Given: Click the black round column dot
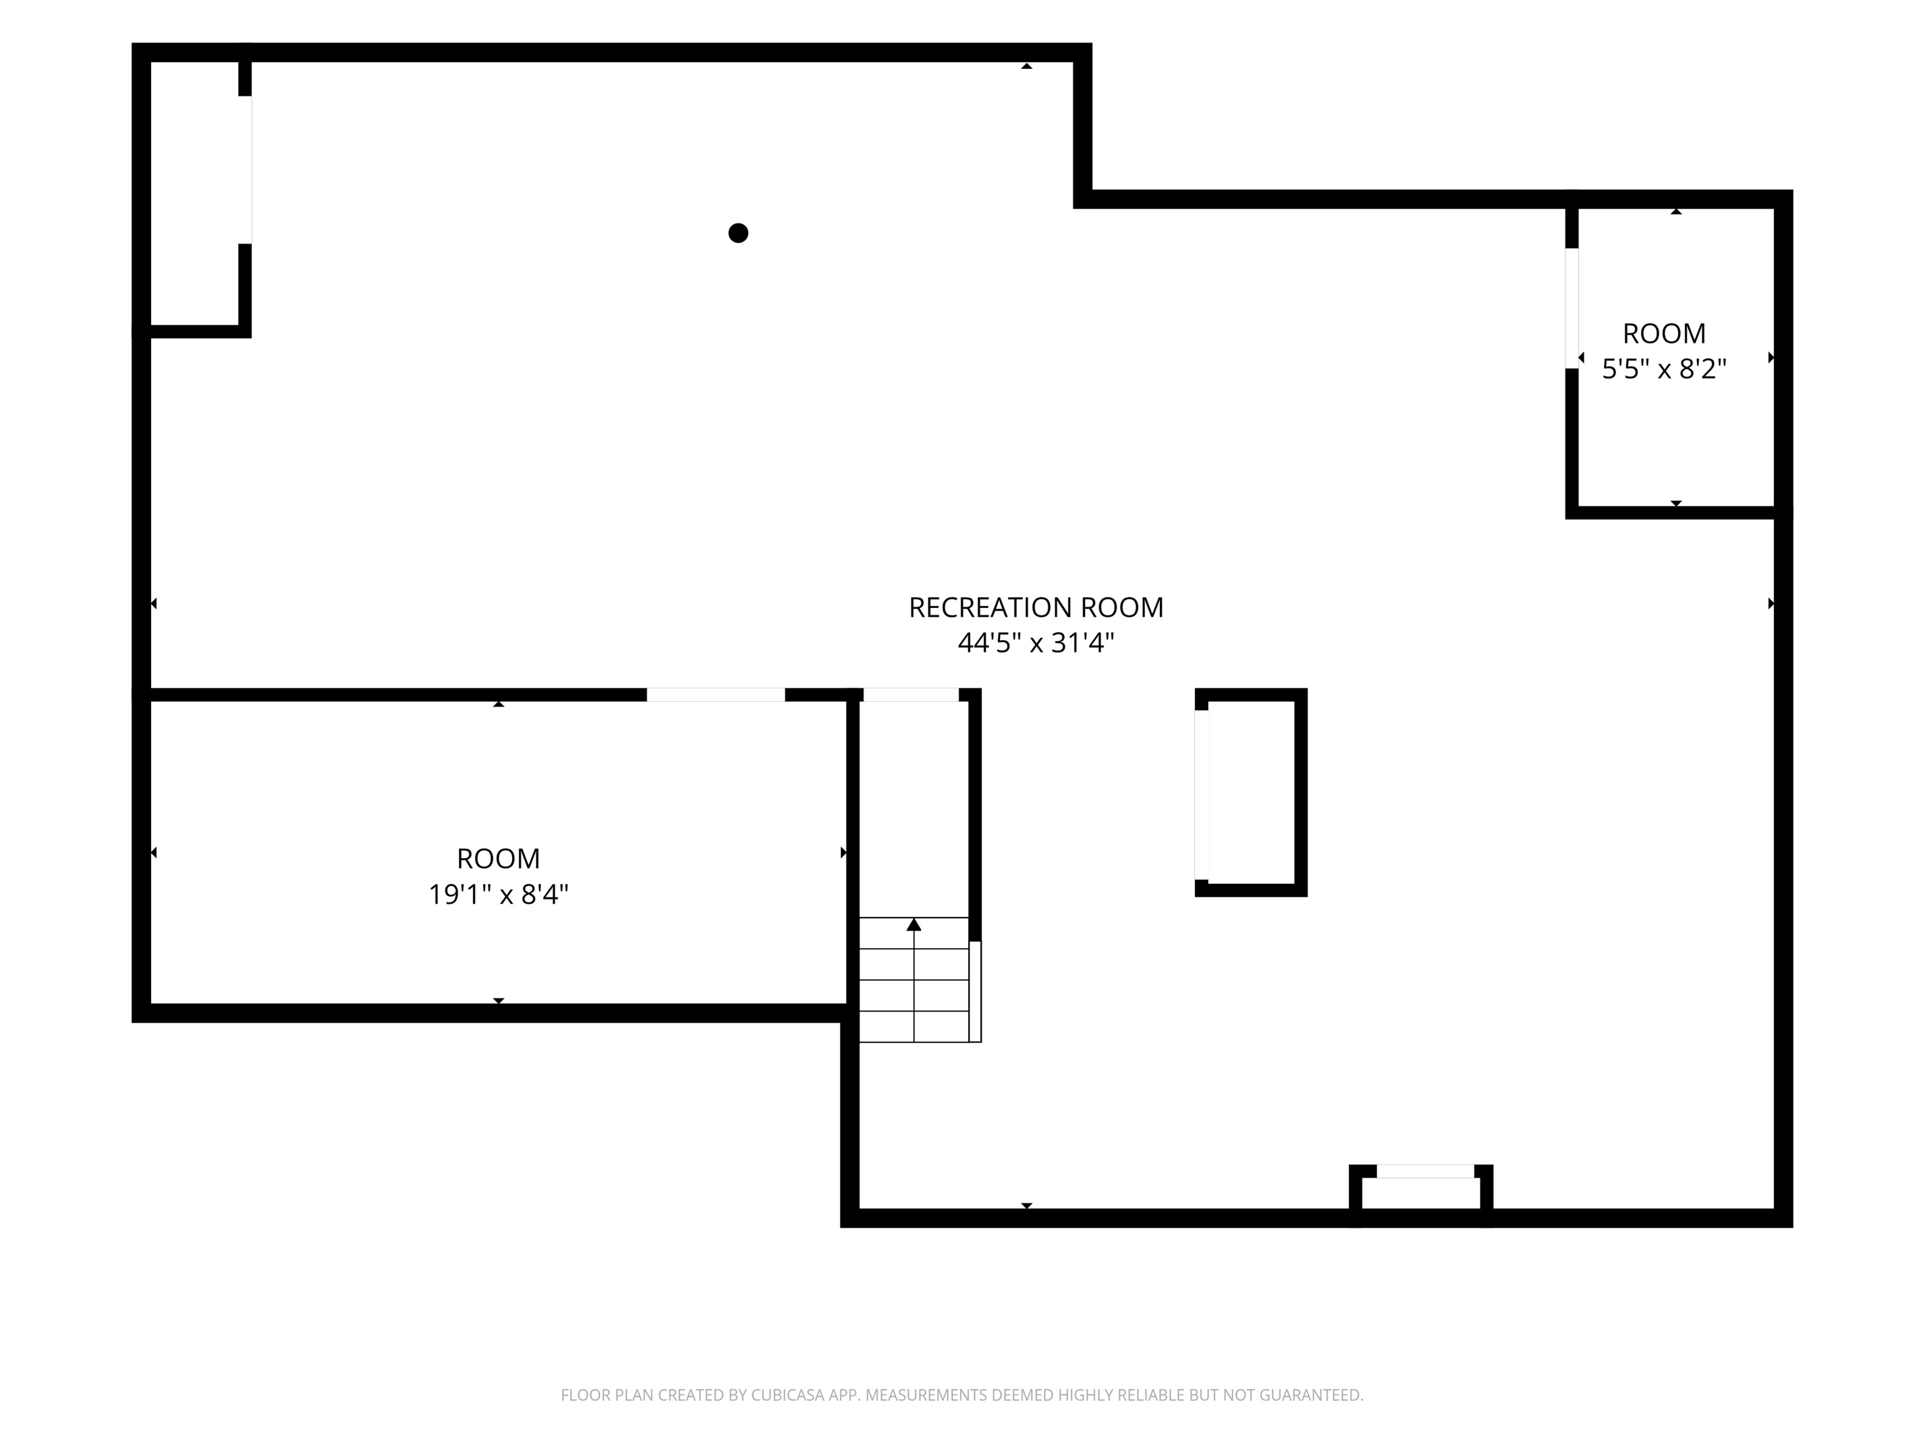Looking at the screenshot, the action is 738,233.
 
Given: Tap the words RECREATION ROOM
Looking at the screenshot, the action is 1036,607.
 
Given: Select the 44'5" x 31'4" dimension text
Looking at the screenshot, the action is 1036,643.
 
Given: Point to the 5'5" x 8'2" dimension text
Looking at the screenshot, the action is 1664,369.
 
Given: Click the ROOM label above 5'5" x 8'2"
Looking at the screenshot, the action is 1664,333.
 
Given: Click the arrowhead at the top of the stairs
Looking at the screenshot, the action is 914,924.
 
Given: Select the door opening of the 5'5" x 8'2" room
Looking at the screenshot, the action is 1572,308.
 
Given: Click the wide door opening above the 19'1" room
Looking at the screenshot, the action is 716,694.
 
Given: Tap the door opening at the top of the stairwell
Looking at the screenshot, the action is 911,694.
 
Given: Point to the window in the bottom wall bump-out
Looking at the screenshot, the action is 1426,1171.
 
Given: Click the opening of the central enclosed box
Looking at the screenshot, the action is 1201,795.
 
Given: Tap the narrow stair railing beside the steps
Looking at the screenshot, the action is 976,991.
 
